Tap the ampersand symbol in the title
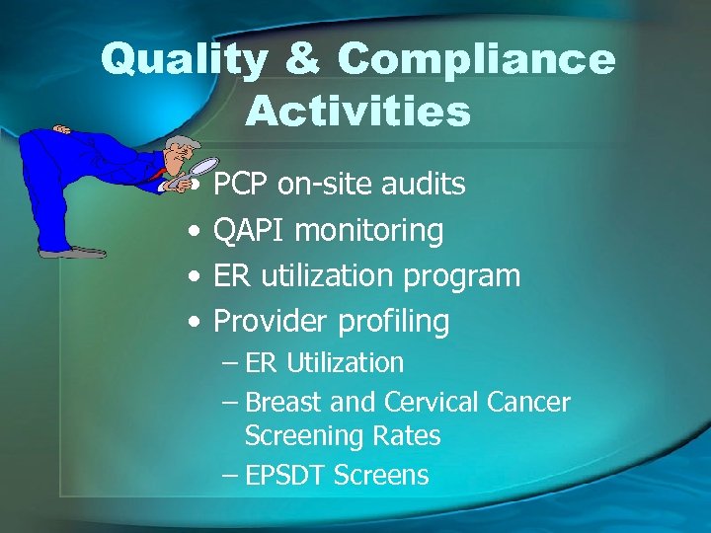click(x=302, y=61)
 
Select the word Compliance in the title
click(x=476, y=61)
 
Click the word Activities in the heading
click(x=357, y=112)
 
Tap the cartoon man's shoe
click(x=74, y=251)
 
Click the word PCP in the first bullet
click(x=242, y=184)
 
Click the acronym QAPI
click(x=250, y=230)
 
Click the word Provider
click(x=273, y=321)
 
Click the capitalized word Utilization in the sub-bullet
click(x=345, y=363)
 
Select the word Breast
click(x=281, y=403)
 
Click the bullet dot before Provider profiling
click(x=198, y=322)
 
